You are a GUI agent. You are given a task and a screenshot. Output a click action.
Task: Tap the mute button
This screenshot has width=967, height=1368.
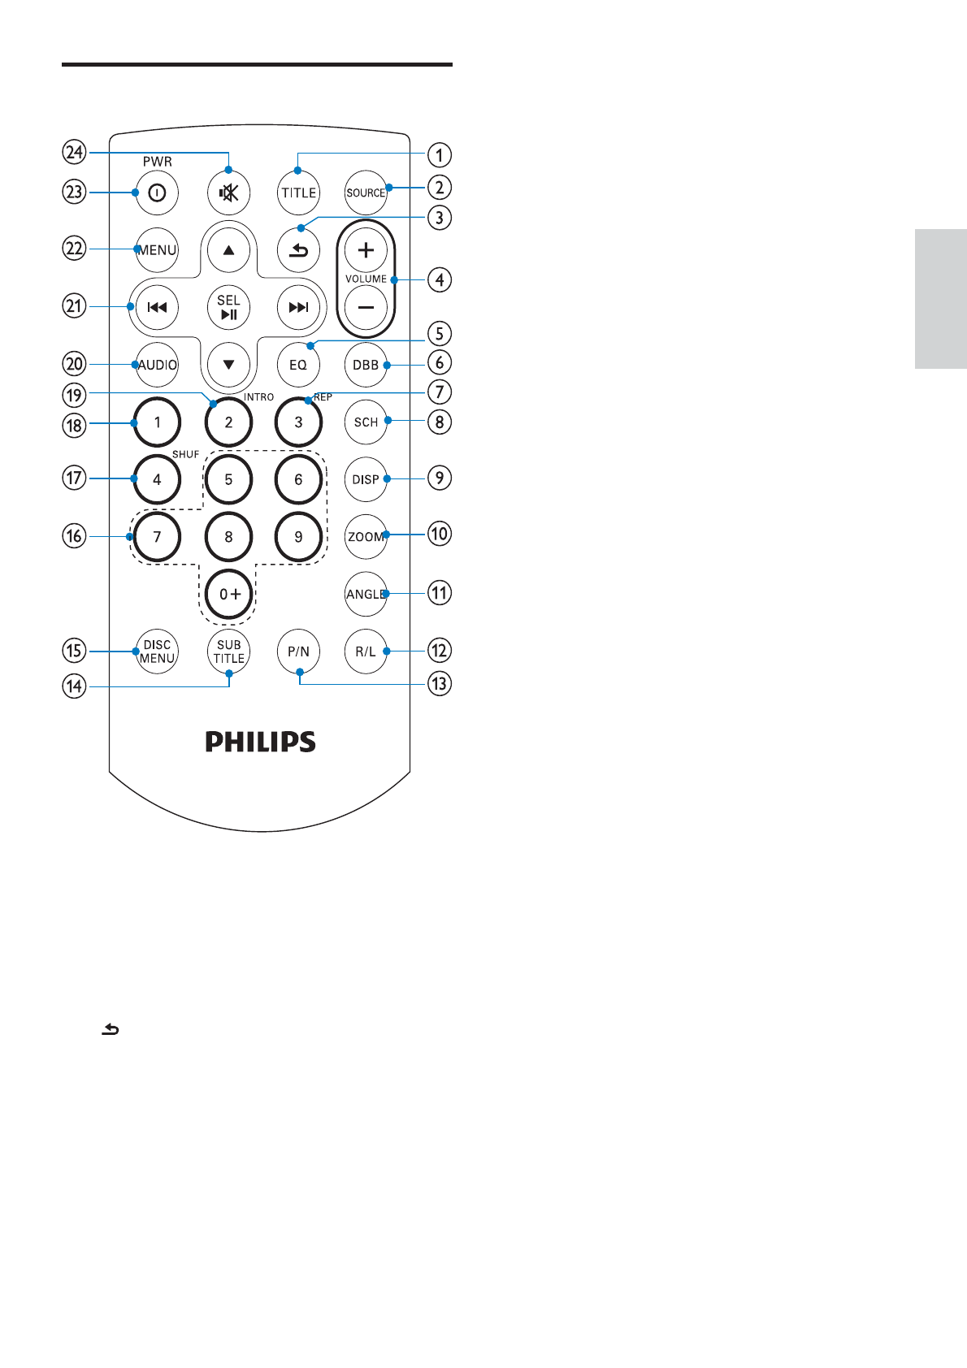click(x=228, y=193)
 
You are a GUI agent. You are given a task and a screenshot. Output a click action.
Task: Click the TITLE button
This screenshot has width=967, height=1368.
click(x=298, y=193)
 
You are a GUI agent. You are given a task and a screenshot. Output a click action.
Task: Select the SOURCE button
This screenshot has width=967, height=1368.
click(x=366, y=193)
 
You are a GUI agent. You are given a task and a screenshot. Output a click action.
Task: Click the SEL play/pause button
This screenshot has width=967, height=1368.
click(x=228, y=307)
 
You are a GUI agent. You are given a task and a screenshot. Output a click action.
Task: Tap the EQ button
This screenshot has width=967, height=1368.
click(x=298, y=365)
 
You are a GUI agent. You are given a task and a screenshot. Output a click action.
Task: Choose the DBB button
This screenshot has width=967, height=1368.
click(x=366, y=365)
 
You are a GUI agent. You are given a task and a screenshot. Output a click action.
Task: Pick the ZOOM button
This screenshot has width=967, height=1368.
click(x=366, y=537)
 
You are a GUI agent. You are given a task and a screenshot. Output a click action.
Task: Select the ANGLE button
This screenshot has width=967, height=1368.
click(x=366, y=594)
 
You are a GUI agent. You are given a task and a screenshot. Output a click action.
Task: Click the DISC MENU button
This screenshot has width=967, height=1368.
click(x=157, y=652)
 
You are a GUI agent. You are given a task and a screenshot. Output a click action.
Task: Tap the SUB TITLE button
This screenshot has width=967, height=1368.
click(x=228, y=652)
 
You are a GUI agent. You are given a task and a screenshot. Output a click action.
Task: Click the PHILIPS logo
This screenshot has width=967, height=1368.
click(x=260, y=742)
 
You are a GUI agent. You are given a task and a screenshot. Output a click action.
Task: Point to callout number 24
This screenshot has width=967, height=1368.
click(x=74, y=152)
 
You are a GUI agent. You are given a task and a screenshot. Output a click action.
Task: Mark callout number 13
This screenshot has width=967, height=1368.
click(x=439, y=684)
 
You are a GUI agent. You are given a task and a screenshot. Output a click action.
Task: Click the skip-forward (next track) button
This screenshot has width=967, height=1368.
click(x=298, y=307)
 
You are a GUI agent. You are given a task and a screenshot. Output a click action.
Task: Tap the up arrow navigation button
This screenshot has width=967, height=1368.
click(x=228, y=250)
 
